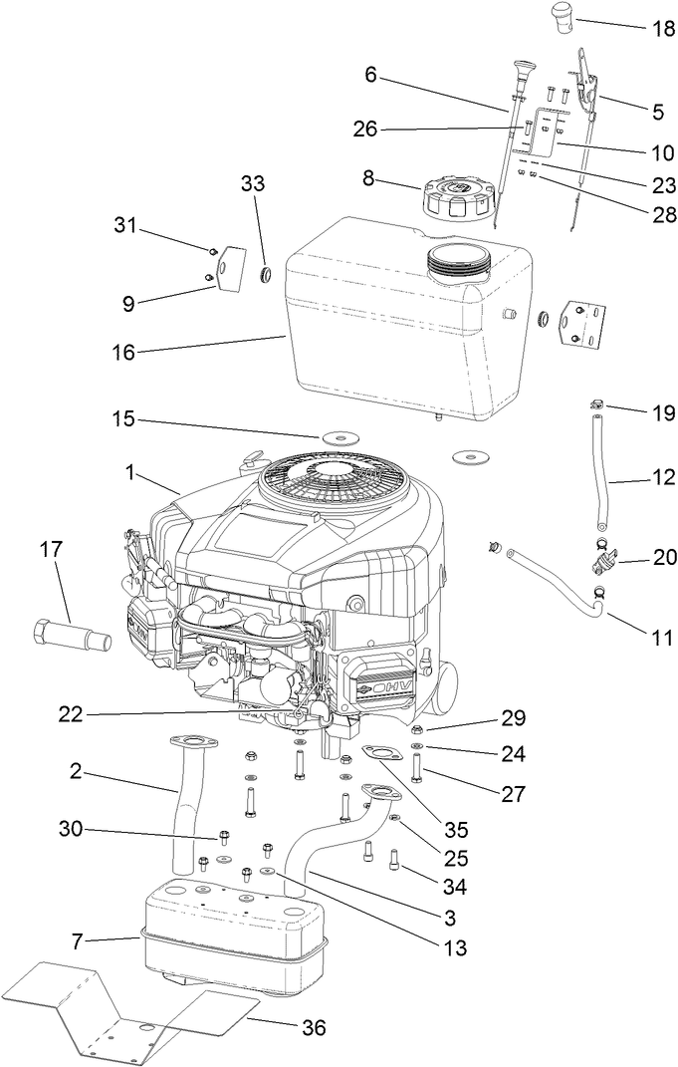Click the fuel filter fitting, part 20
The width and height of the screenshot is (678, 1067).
[600, 564]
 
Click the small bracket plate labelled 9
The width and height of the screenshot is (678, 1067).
[231, 267]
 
